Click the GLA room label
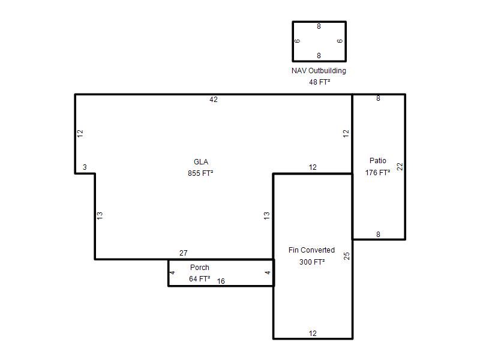point(201,162)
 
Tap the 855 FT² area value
point(200,173)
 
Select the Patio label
point(378,161)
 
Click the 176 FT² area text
point(377,173)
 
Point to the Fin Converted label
point(311,250)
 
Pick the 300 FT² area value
point(312,262)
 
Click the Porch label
point(200,268)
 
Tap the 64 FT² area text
point(200,279)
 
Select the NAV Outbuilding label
point(319,71)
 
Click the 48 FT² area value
point(320,82)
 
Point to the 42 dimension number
point(214,100)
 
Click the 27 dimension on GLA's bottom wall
point(184,253)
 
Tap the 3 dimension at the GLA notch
point(85,167)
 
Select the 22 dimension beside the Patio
point(400,167)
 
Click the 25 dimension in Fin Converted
point(347,256)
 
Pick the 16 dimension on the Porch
point(221,281)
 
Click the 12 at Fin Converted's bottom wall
point(313,334)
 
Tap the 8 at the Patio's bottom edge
point(378,235)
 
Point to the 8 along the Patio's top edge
point(378,98)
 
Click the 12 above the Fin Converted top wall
point(313,167)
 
